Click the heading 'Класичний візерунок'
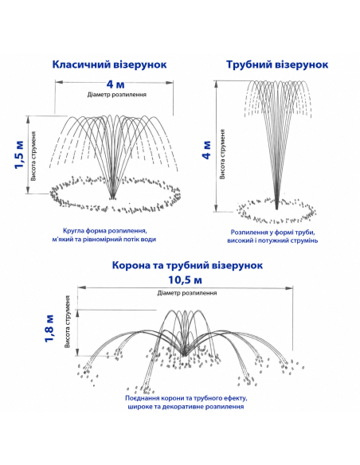pyautogui.click(x=109, y=64)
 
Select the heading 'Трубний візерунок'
pyautogui.click(x=277, y=64)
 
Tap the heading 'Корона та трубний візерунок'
pyautogui.click(x=187, y=265)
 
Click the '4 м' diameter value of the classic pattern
pyautogui.click(x=115, y=84)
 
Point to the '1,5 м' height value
pyautogui.click(x=20, y=154)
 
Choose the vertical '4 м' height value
pyautogui.click(x=207, y=150)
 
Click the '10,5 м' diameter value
pyautogui.click(x=185, y=279)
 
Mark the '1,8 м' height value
pyautogui.click(x=49, y=328)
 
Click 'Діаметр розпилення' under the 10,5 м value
pyautogui.click(x=187, y=293)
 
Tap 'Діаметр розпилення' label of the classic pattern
pyautogui.click(x=117, y=95)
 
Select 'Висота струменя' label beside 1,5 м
pyautogui.click(x=33, y=156)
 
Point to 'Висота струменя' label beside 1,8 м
pyautogui.click(x=68, y=322)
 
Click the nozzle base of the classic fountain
pyautogui.click(x=112, y=197)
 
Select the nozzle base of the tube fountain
pyautogui.click(x=276, y=207)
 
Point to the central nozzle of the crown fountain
pyautogui.click(x=185, y=354)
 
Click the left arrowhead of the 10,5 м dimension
pyautogui.click(x=81, y=287)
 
